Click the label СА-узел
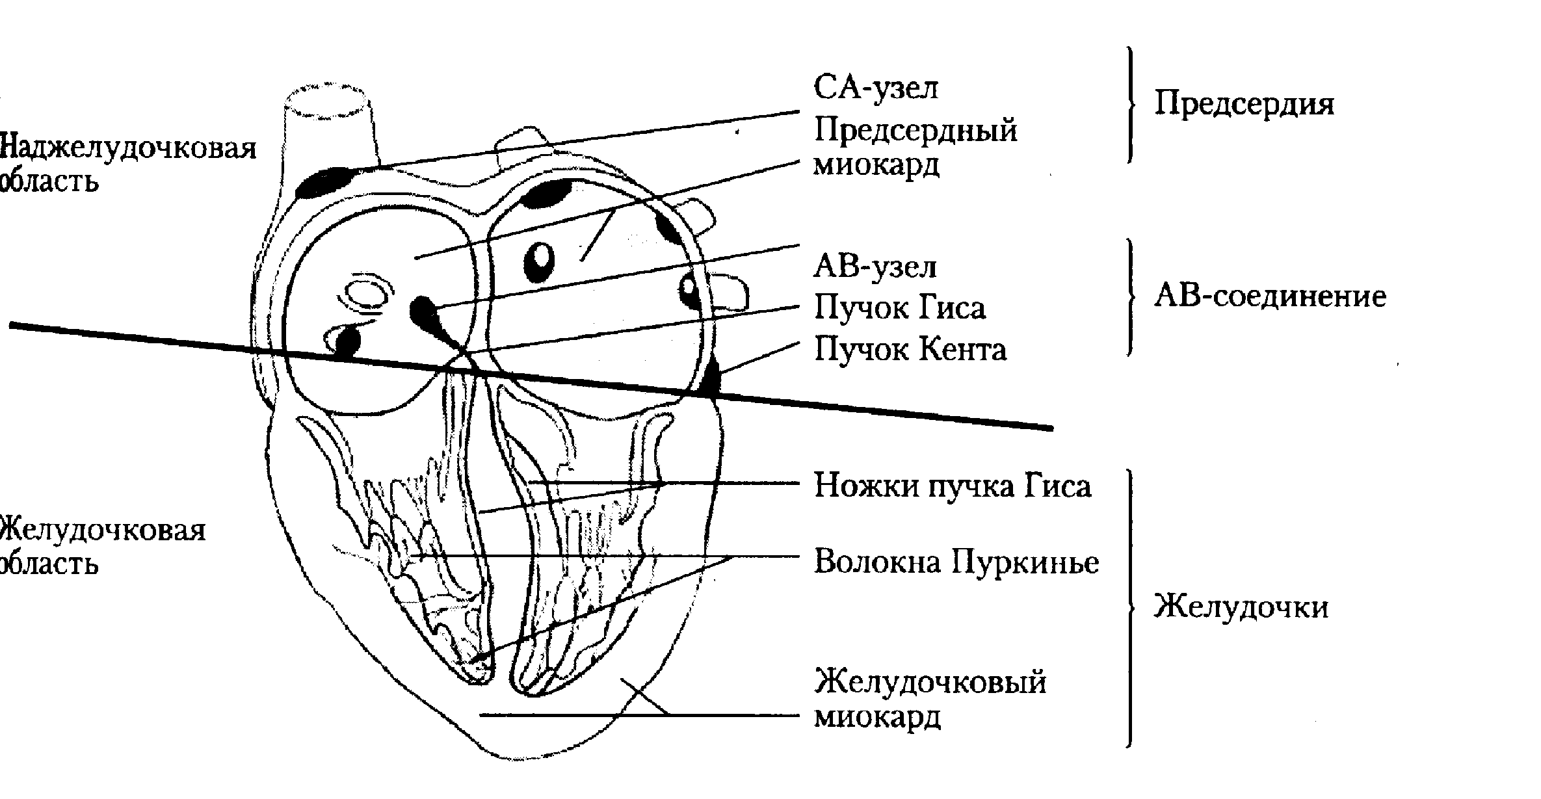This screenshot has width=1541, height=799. [876, 88]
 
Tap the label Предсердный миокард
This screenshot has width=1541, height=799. [915, 148]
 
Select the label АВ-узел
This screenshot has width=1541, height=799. [875, 267]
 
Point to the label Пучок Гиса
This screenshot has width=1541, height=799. [900, 308]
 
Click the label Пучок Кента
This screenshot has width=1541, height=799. [910, 350]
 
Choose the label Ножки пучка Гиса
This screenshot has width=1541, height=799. [953, 486]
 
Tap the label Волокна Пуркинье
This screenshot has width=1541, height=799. [956, 562]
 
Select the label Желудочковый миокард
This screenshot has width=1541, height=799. [930, 700]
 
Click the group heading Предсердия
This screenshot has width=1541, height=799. [1244, 104]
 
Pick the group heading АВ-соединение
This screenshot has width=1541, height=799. [1270, 296]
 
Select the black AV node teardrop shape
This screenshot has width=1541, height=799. [426, 315]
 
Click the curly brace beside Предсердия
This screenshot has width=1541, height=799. [1131, 104]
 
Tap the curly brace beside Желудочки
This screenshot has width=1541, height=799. [1131, 609]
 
